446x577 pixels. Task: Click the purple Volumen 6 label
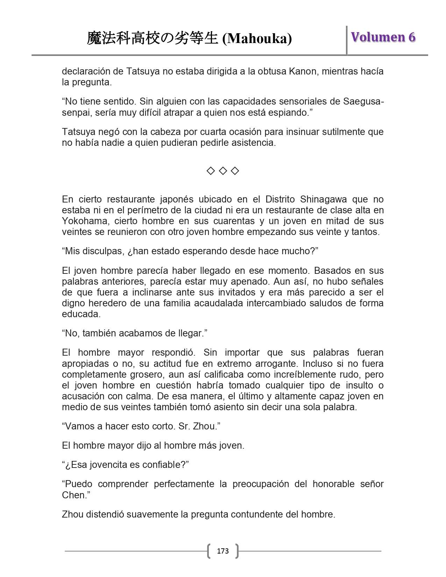pyautogui.click(x=383, y=37)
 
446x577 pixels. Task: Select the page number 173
pyautogui.click(x=223, y=551)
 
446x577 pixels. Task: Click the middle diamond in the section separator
pyautogui.click(x=223, y=171)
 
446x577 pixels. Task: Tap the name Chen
pyautogui.click(x=72, y=495)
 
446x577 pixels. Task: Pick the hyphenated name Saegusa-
pyautogui.click(x=364, y=102)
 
